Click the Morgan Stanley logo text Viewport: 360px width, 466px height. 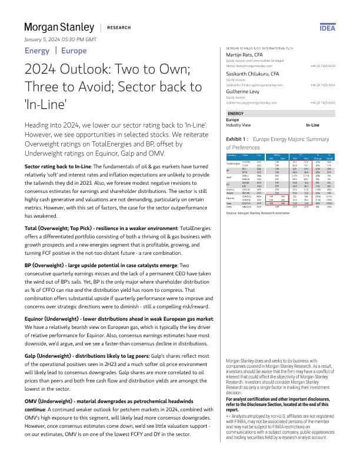(59, 27)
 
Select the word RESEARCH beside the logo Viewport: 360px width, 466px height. (119, 28)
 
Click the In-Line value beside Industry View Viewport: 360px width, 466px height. (312, 125)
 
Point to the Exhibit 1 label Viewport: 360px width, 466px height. (238, 140)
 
